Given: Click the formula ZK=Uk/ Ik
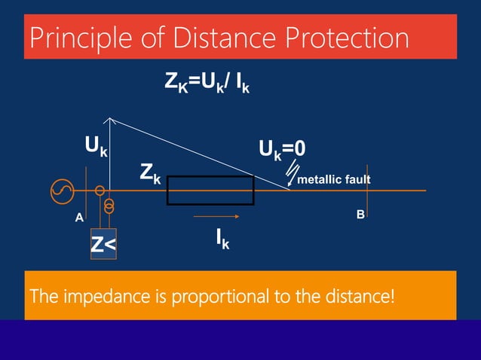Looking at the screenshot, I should [x=207, y=84].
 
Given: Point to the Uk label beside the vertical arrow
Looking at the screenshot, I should [x=95, y=145].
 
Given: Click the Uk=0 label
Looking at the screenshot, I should [x=283, y=148].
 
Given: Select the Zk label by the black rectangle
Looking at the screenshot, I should [x=150, y=174].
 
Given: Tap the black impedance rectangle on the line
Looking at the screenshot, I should [x=210, y=191].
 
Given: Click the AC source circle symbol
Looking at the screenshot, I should [x=62, y=191].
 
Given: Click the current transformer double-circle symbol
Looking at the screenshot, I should [x=110, y=204].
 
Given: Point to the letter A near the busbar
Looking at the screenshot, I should [x=78, y=218].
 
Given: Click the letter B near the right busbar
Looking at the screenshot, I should [x=360, y=215].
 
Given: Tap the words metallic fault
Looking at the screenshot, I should [x=334, y=181].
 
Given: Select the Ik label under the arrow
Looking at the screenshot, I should [x=222, y=239].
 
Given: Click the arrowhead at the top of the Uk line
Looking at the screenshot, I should [x=111, y=120].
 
